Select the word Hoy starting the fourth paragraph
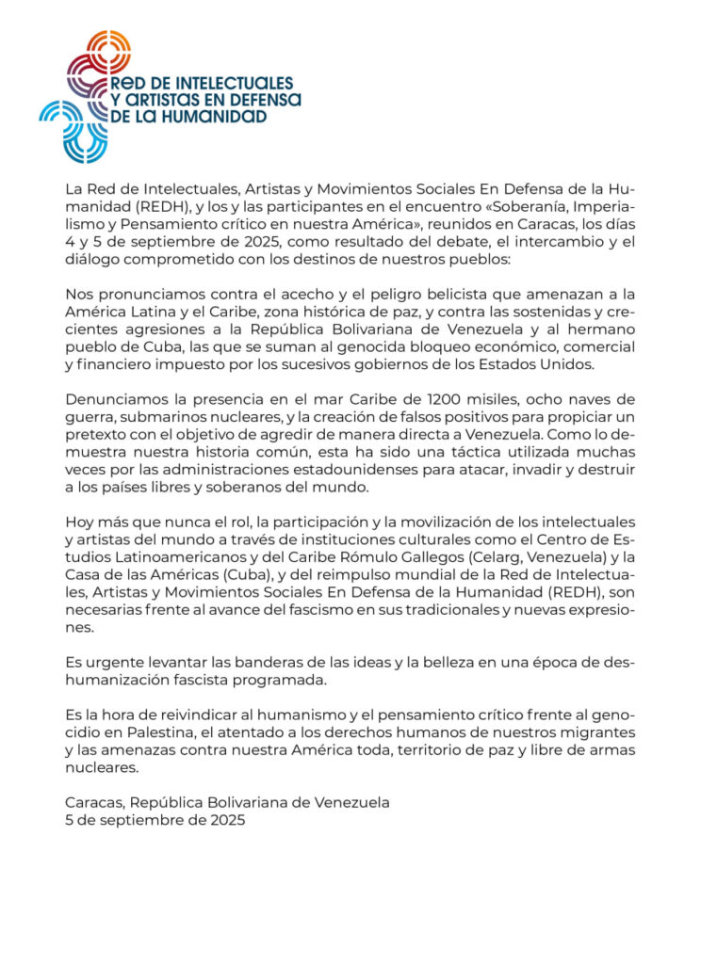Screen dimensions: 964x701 click(x=79, y=522)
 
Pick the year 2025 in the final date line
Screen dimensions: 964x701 click(x=227, y=821)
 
